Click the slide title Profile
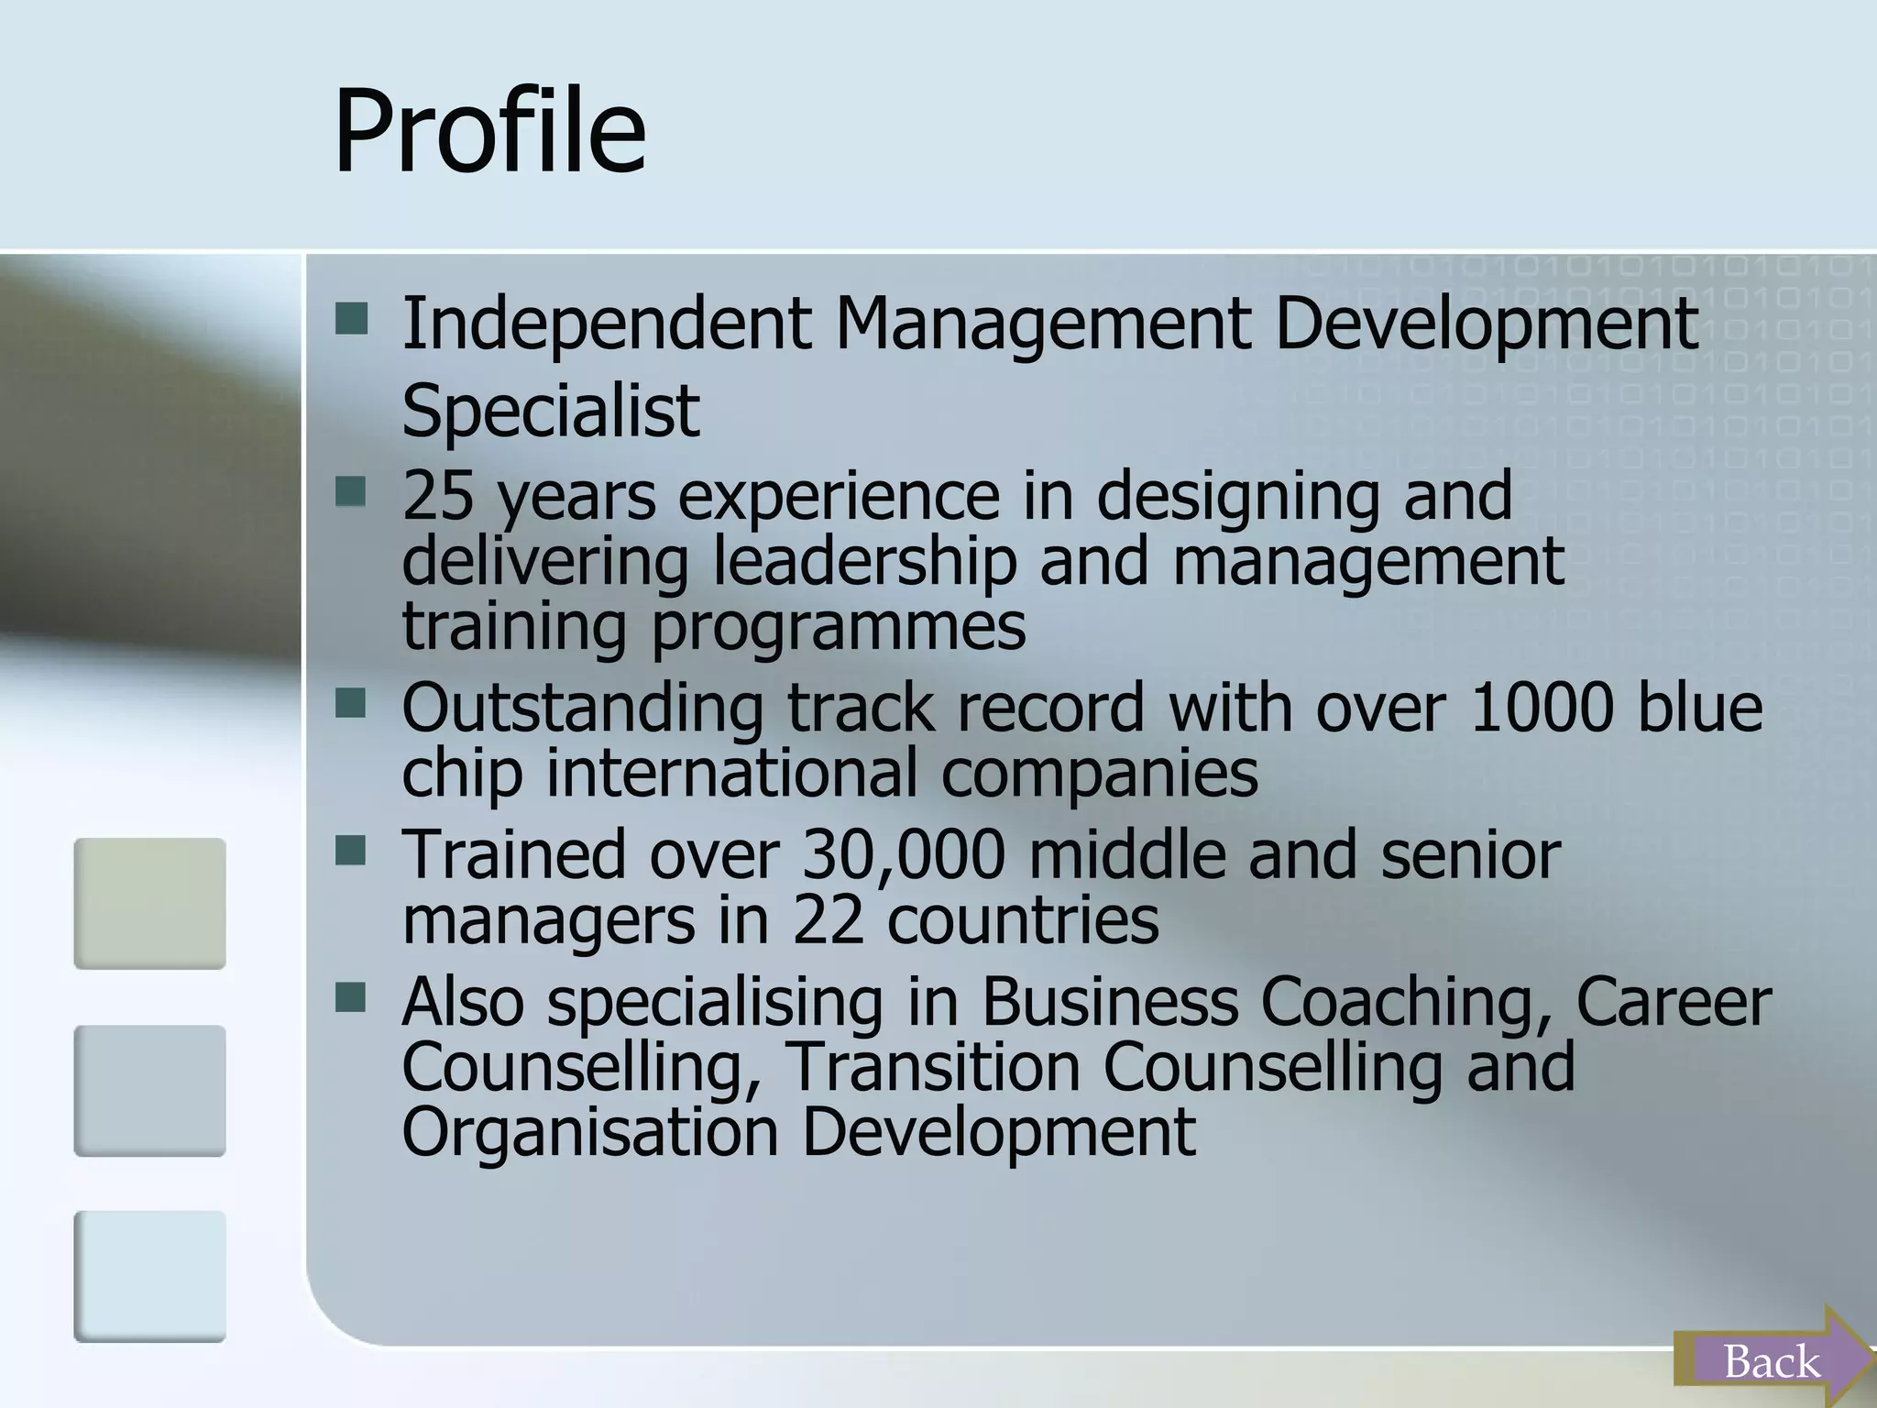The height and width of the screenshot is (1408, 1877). pyautogui.click(x=489, y=131)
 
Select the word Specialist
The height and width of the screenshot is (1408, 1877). pyautogui.click(x=550, y=410)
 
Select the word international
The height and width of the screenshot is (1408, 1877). pyautogui.click(x=732, y=772)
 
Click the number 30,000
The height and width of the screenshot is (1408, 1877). pyautogui.click(x=904, y=854)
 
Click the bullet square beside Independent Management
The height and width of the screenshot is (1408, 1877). pyautogui.click(x=351, y=320)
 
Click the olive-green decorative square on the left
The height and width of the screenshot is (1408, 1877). pyautogui.click(x=149, y=903)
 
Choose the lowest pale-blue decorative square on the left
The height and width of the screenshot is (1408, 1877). pyautogui.click(x=149, y=1276)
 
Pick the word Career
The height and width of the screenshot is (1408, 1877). pyautogui.click(x=1674, y=1001)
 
